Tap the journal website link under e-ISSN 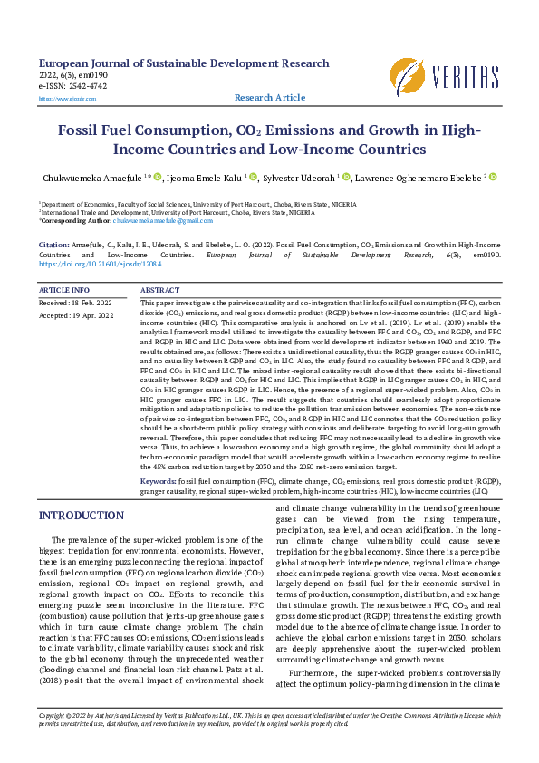coord(54,97)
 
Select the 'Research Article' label coord(270,97)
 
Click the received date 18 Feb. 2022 coord(89,302)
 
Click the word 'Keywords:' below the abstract coord(159,479)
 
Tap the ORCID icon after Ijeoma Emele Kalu coord(254,177)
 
